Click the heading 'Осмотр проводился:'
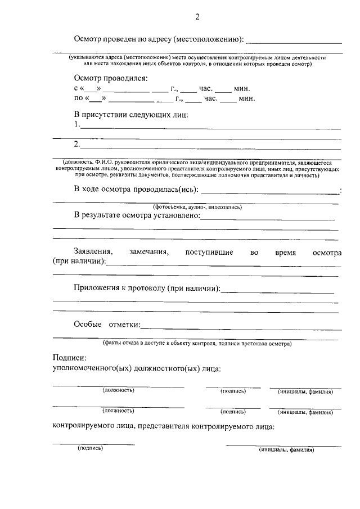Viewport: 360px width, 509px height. click(x=110, y=78)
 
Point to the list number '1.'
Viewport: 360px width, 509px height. click(x=78, y=124)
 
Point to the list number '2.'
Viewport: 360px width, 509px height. click(x=78, y=144)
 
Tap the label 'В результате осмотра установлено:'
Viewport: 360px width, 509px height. click(x=137, y=216)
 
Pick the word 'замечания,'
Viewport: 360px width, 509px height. click(x=148, y=253)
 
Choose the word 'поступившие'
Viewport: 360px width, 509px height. click(x=209, y=253)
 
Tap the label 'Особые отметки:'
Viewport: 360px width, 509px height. click(x=107, y=325)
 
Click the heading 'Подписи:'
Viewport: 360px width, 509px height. click(x=69, y=358)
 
